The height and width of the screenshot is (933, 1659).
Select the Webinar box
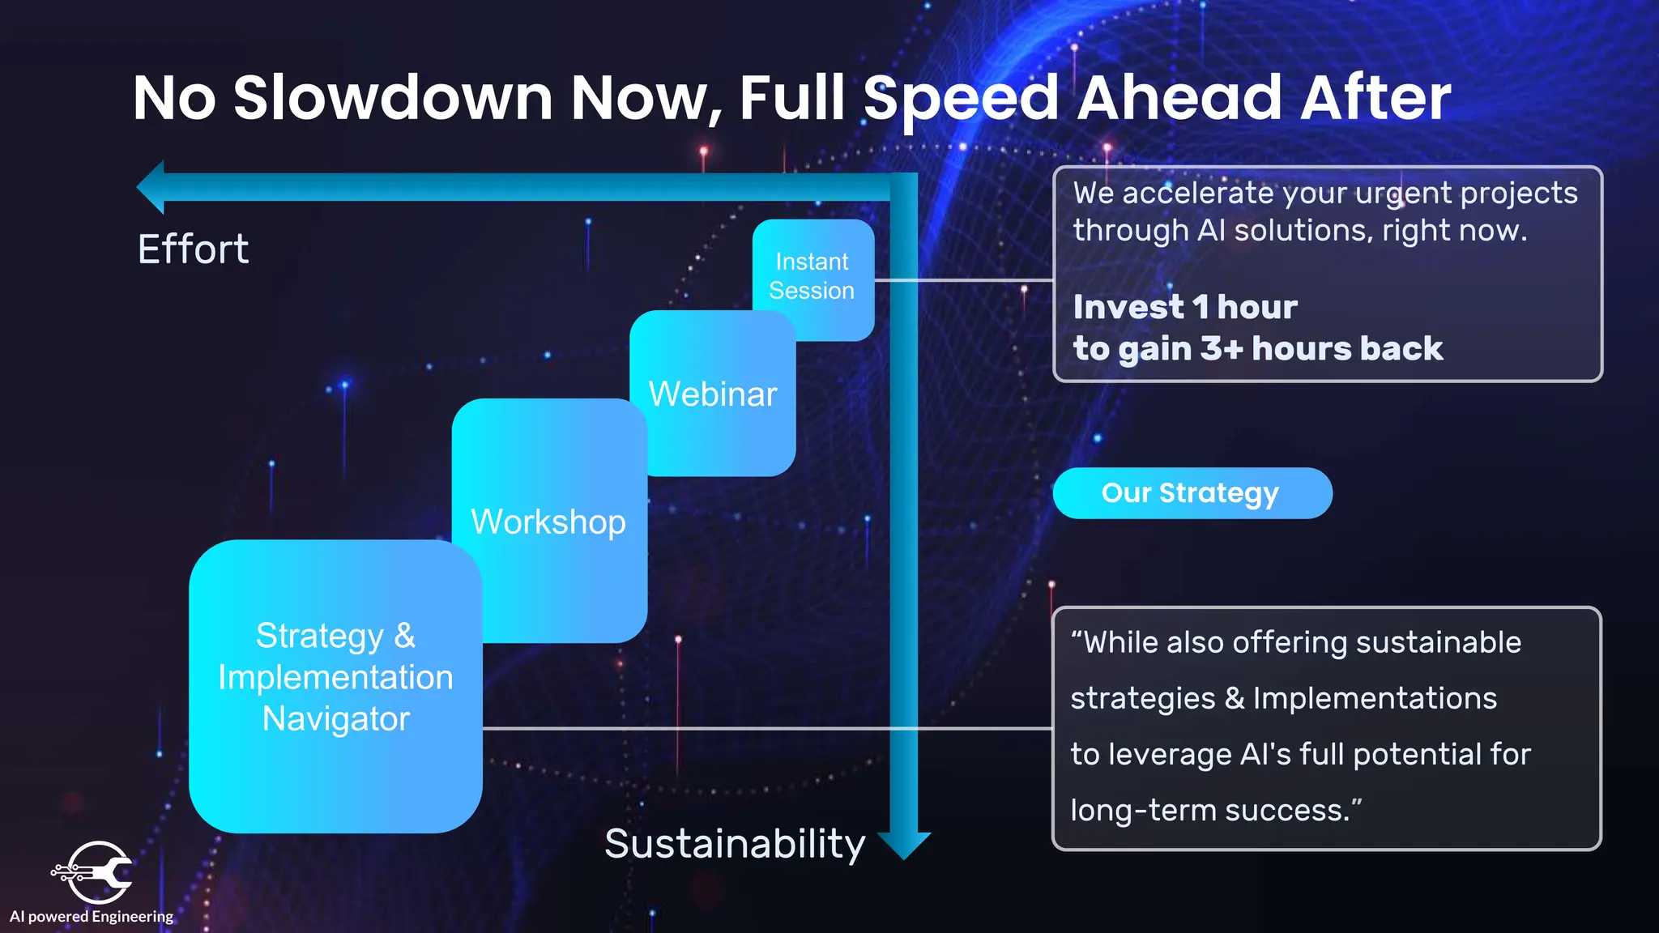tap(712, 394)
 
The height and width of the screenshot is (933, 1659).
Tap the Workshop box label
tap(548, 522)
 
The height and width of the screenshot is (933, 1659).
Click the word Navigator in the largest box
tap(335, 719)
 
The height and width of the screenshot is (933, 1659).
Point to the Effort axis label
tap(193, 249)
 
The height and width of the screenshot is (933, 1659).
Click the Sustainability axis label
tap(735, 844)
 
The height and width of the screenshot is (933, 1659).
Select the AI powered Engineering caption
tap(92, 917)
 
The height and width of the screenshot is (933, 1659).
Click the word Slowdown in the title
tap(393, 98)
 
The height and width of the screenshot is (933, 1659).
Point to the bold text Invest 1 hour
tap(1184, 307)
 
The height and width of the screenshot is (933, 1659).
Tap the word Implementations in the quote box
tap(1375, 698)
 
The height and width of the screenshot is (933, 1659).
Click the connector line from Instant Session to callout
tap(964, 280)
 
